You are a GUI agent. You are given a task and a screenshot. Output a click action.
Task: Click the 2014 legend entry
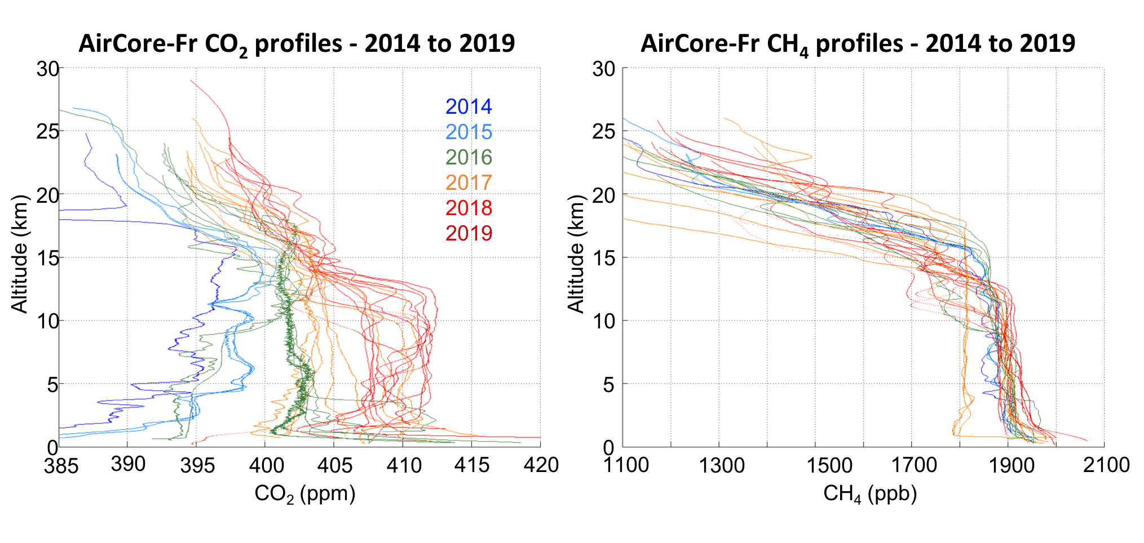[469, 106]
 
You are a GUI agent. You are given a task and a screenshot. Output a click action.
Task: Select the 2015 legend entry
[469, 132]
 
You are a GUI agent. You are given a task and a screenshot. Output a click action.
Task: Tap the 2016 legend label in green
[469, 157]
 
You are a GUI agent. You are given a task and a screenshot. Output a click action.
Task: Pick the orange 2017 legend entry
[469, 183]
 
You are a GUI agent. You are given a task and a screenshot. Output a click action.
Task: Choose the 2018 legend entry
[469, 208]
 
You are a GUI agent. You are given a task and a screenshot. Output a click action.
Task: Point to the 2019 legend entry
[469, 233]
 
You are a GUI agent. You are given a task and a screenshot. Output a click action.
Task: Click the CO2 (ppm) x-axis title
[305, 494]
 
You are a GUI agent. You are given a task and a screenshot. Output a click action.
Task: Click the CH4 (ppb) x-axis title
[870, 494]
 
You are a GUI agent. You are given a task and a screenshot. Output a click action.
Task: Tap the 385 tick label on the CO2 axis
[61, 466]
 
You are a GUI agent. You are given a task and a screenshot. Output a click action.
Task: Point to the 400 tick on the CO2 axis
[266, 465]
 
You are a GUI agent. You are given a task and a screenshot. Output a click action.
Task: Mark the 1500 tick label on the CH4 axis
[829, 465]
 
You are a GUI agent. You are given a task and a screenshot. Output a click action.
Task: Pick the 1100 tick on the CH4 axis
[626, 465]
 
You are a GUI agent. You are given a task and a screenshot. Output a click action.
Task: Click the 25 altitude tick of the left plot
[48, 132]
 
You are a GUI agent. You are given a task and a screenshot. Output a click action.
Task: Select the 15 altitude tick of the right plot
[603, 258]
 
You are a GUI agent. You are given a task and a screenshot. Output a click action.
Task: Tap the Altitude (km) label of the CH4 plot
[576, 253]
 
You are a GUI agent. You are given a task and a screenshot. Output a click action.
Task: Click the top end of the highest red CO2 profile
[191, 80]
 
